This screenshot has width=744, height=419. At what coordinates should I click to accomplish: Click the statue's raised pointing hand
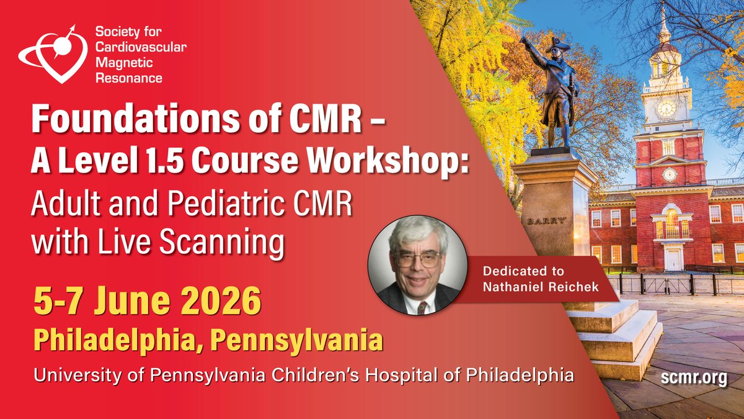pyautogui.click(x=526, y=40)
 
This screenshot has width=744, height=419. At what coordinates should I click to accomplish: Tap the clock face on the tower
pyautogui.click(x=666, y=108)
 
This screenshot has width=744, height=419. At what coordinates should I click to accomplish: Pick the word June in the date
pyautogui.click(x=125, y=304)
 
